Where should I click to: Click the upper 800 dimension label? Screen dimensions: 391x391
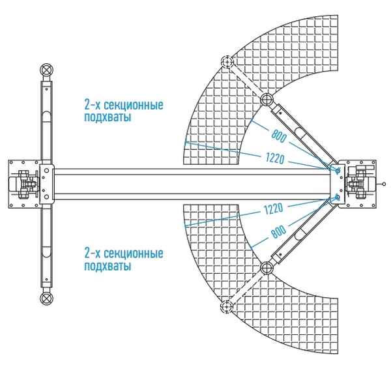click(279, 136)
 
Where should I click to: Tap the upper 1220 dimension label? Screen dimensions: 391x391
click(275, 158)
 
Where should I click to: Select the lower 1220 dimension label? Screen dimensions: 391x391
click(274, 209)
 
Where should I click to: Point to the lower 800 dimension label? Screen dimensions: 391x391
click(278, 231)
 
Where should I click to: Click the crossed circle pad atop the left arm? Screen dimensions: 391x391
click(46, 70)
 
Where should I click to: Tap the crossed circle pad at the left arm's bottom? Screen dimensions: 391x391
click(46, 298)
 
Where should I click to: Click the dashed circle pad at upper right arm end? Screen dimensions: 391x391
click(227, 61)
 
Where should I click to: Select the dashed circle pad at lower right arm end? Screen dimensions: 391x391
click(227, 306)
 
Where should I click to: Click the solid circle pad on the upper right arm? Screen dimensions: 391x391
click(267, 99)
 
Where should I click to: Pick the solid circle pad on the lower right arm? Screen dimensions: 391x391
click(267, 268)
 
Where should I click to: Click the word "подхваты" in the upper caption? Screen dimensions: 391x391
click(108, 117)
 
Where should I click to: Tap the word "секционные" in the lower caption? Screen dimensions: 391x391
click(134, 253)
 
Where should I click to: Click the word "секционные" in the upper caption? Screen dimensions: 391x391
click(134, 105)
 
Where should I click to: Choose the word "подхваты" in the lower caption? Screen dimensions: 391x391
click(108, 266)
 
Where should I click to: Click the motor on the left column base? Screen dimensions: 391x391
click(23, 184)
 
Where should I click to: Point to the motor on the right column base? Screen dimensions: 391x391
click(361, 184)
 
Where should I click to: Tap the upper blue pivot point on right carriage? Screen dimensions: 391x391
click(338, 171)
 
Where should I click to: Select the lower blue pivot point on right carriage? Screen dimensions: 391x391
click(338, 197)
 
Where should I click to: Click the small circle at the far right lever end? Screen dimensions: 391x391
click(384, 184)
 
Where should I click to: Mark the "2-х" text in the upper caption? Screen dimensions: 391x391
click(93, 105)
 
